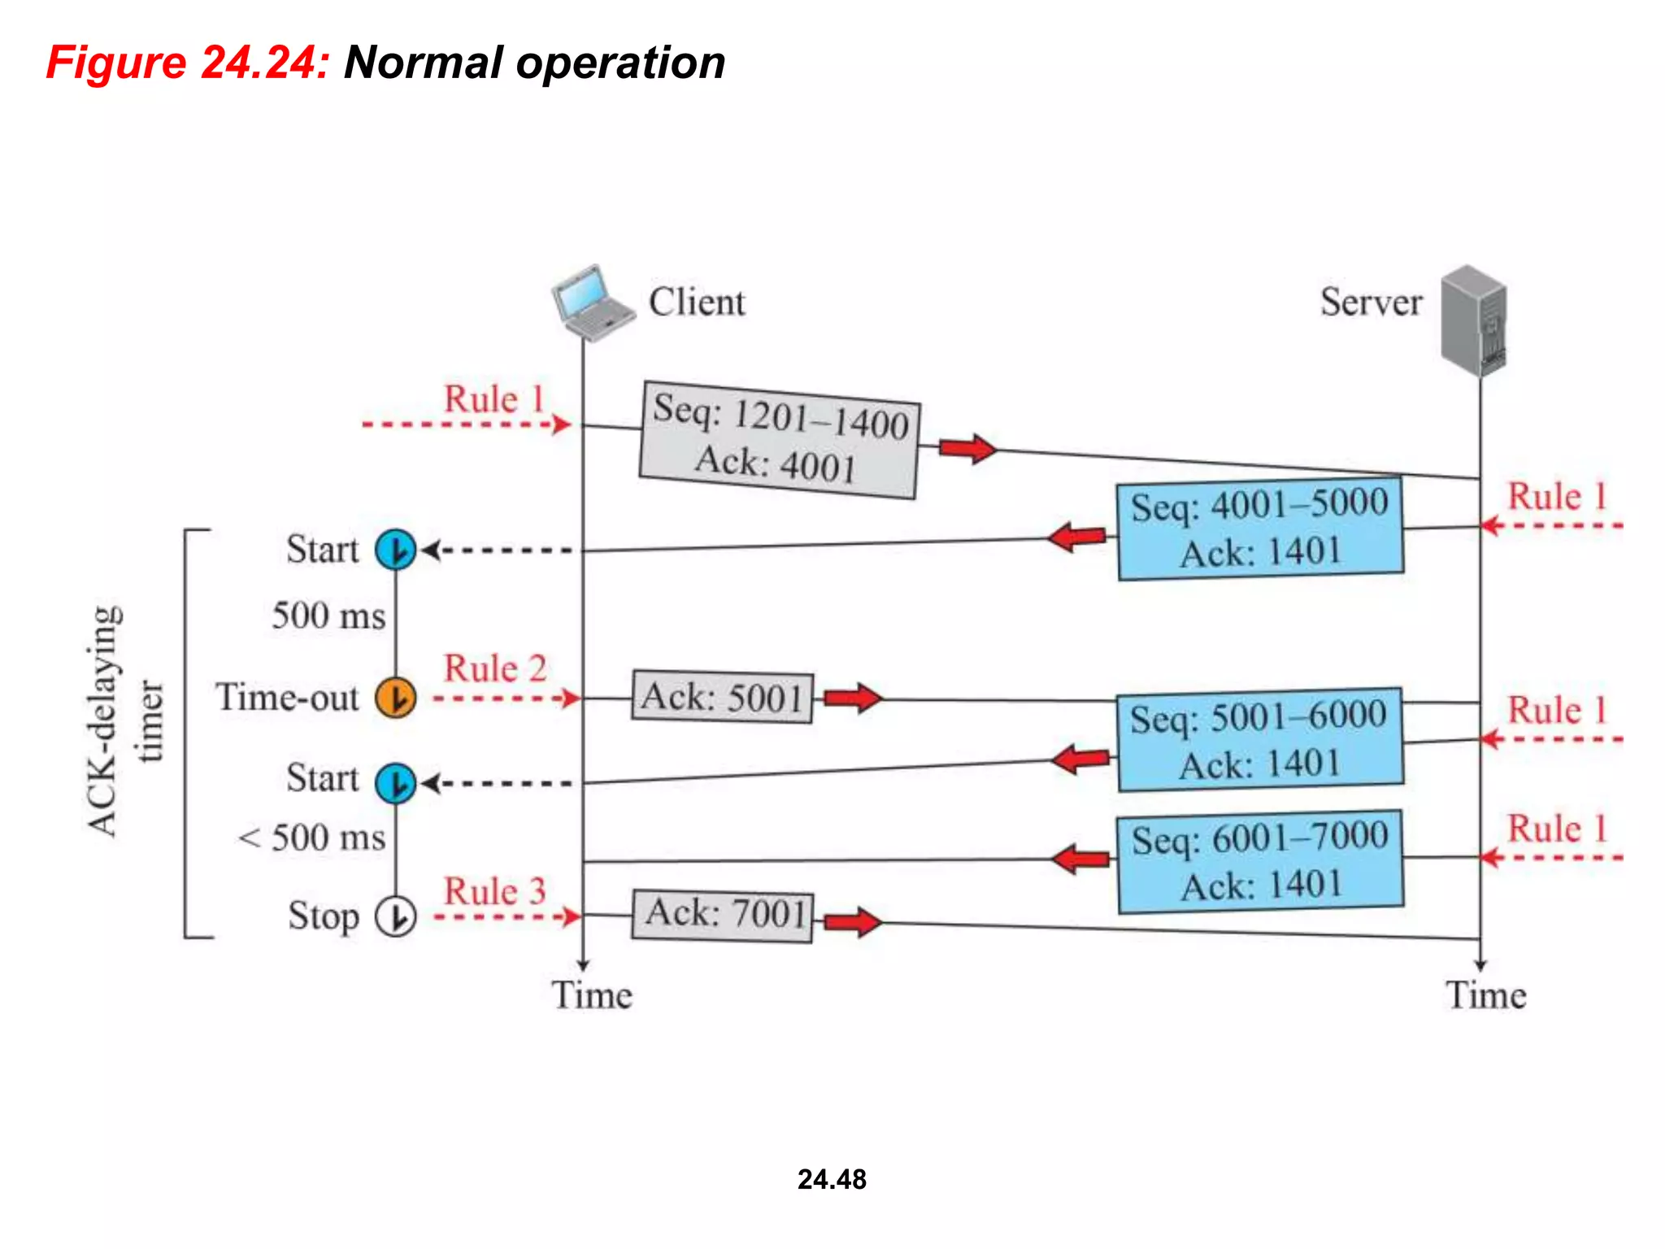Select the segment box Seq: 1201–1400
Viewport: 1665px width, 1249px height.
[779, 439]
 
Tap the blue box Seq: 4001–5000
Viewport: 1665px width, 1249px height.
[1260, 529]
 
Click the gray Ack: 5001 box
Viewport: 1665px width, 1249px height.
[722, 698]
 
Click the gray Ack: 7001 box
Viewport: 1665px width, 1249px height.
[722, 916]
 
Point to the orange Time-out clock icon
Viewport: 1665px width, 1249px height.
[396, 698]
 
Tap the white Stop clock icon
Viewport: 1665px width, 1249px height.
[396, 916]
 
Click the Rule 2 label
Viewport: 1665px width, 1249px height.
[494, 668]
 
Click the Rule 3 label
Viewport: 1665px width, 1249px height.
[494, 891]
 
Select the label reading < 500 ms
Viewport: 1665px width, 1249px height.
[312, 838]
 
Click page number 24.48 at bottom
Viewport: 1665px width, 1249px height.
[832, 1179]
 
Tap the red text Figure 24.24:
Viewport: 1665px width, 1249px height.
[187, 63]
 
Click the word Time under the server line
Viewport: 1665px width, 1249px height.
[1485, 995]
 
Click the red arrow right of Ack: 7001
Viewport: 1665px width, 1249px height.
[852, 922]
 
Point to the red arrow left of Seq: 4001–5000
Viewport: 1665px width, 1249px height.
[1077, 537]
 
